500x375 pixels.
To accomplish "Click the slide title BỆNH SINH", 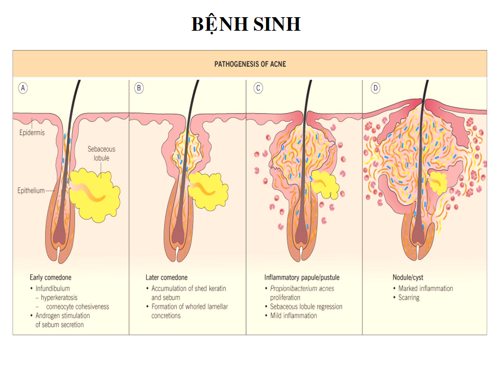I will (x=246, y=24).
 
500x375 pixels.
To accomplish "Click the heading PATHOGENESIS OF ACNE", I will (x=250, y=64).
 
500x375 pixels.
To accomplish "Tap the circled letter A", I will (x=22, y=88).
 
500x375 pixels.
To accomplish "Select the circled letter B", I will (x=139, y=88).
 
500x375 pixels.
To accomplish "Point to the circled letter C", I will (x=258, y=88).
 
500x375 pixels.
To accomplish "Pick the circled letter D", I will (x=376, y=88).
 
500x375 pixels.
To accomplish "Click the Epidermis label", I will (x=31, y=132).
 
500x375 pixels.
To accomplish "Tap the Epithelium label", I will (x=31, y=191).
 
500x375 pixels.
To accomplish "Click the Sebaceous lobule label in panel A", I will (x=101, y=153).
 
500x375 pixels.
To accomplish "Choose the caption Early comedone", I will (x=51, y=278).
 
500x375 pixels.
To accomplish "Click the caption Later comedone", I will (x=167, y=278).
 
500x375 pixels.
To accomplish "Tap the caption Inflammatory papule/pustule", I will (x=302, y=278).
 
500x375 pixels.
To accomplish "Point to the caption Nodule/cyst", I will (x=408, y=278).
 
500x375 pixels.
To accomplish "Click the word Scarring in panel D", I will (x=409, y=297).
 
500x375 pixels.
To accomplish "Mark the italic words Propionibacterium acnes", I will (x=302, y=288).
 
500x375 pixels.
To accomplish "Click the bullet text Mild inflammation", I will (x=293, y=316).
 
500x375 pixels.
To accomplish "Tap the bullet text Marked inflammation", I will (x=426, y=288).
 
